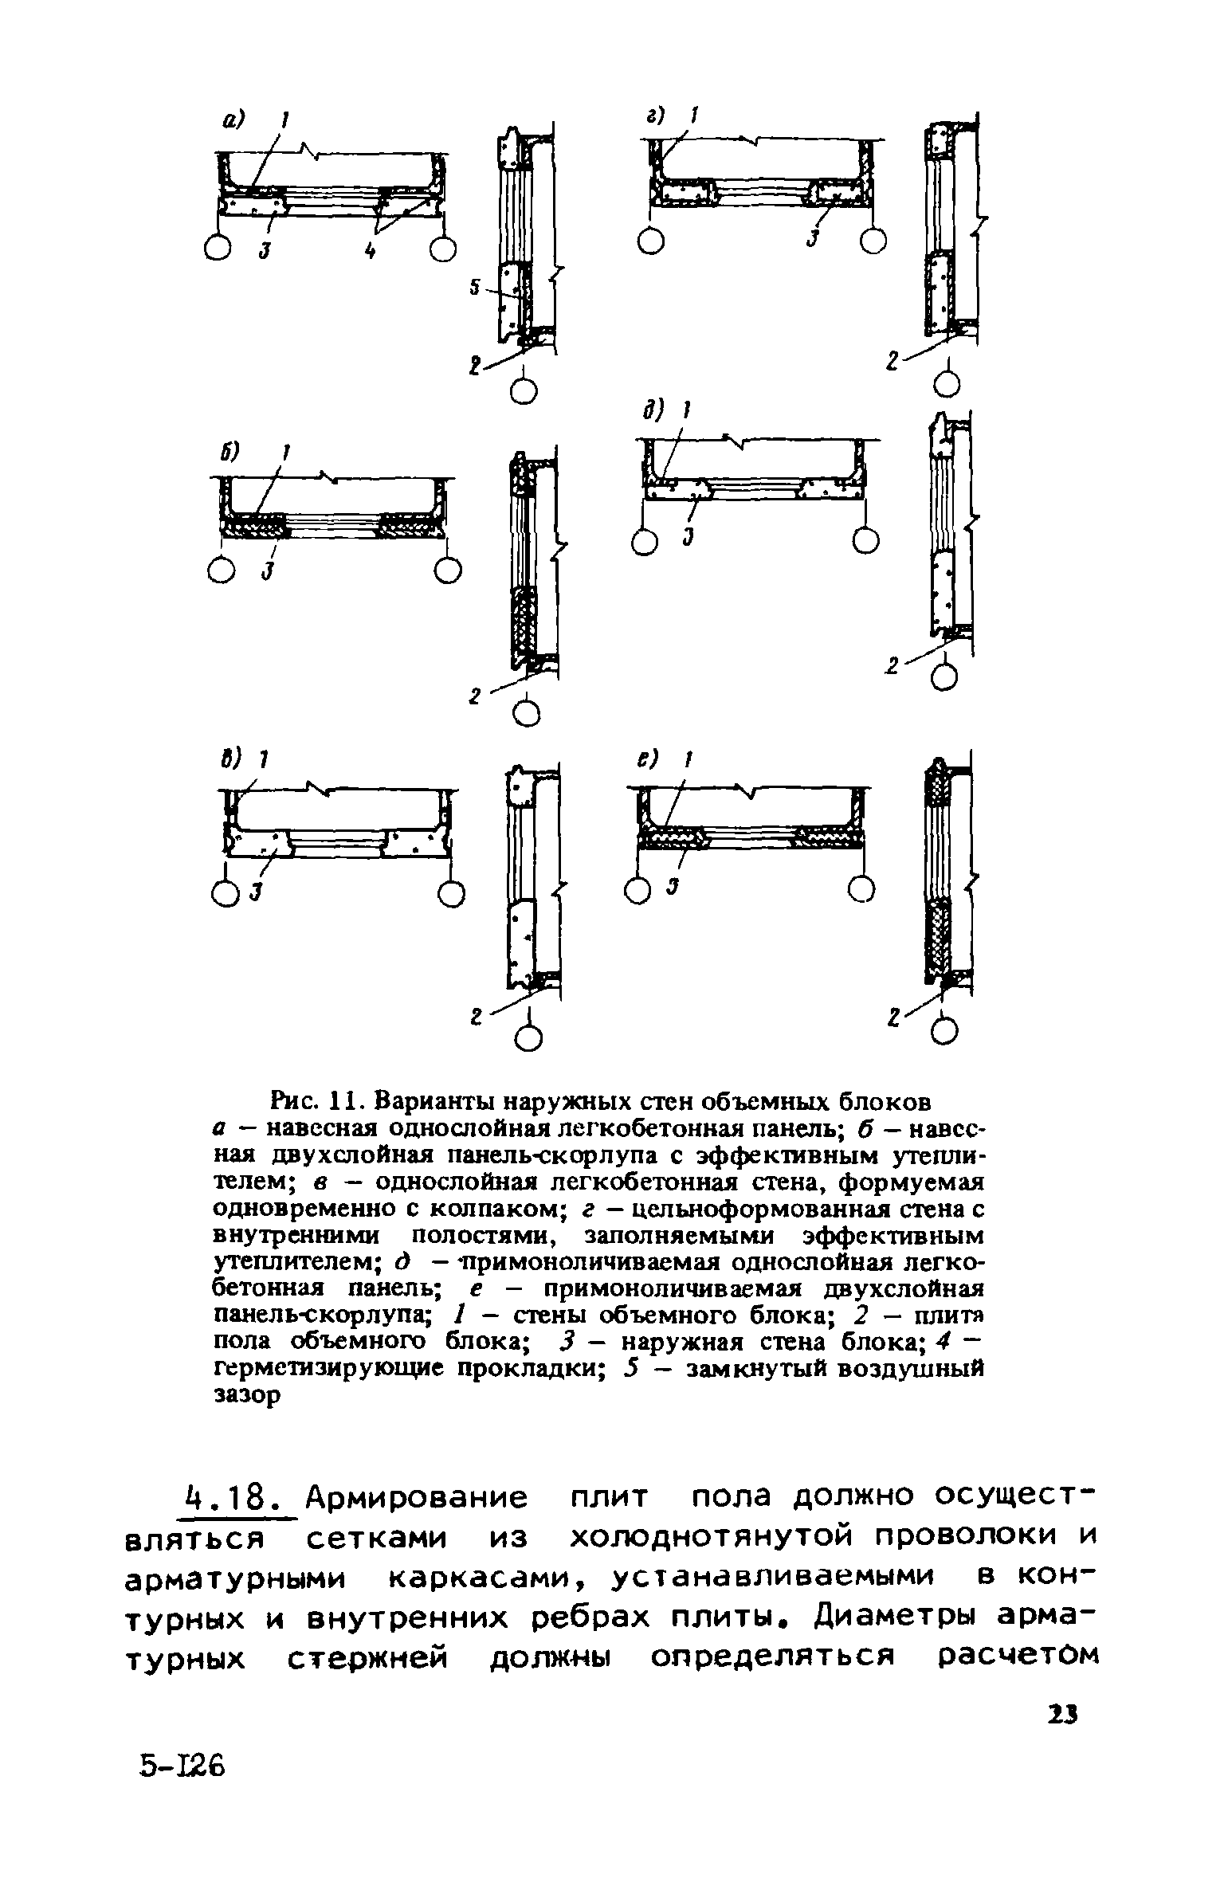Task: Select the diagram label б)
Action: [x=230, y=454]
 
